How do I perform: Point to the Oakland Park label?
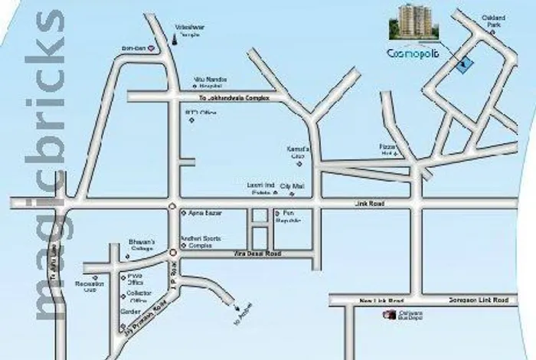[x=492, y=21]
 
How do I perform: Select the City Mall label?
[x=291, y=187]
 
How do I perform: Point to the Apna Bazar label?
[x=194, y=212]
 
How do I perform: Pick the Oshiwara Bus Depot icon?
[x=388, y=315]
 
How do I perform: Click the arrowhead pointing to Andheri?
[x=227, y=307]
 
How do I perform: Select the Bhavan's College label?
[x=142, y=245]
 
